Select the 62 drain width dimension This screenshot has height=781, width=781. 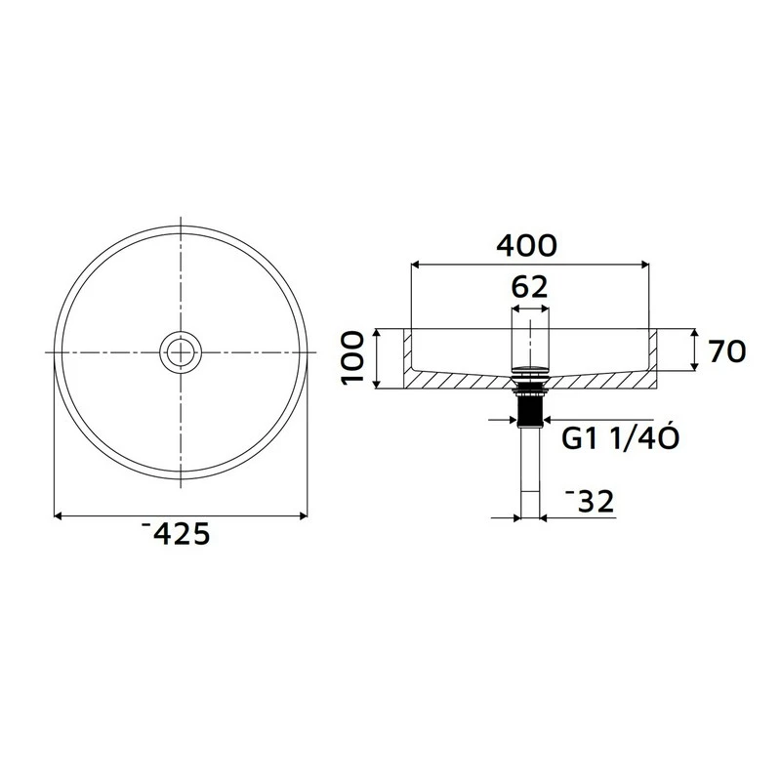pos(530,288)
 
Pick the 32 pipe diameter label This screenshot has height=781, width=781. pos(590,502)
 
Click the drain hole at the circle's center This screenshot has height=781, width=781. pos(182,351)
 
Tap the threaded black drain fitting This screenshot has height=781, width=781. pos(530,408)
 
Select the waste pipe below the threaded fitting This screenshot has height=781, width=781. pos(530,469)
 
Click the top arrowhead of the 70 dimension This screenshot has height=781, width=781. pos(693,333)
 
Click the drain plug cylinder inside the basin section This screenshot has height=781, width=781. pos(530,342)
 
